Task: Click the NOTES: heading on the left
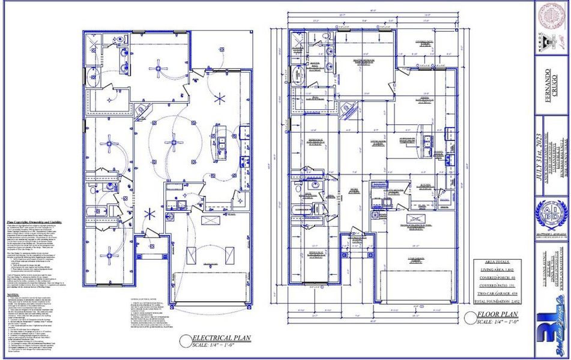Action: [x=14, y=295]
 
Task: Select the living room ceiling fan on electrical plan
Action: [x=175, y=142]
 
